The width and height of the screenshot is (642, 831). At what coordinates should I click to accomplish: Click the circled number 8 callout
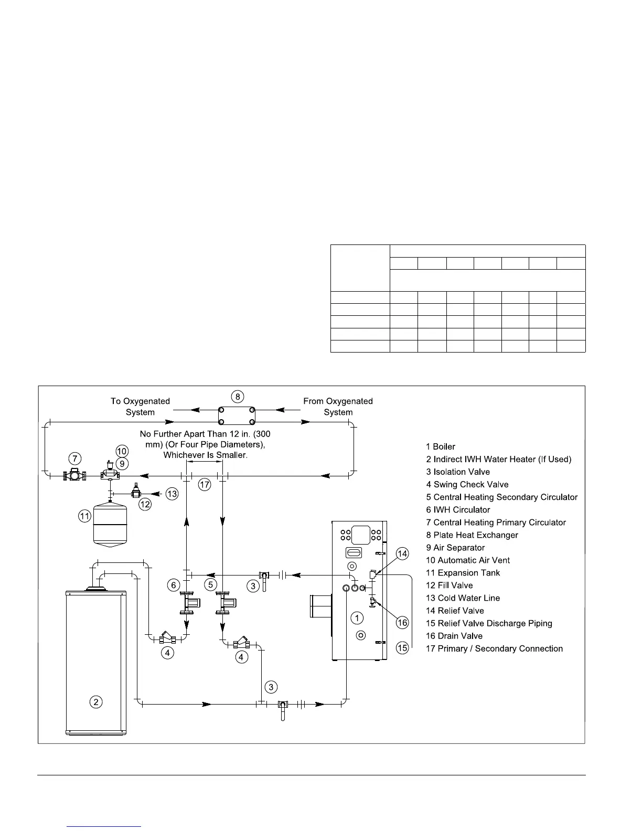238,396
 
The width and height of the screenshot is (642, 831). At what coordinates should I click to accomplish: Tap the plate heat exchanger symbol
237,415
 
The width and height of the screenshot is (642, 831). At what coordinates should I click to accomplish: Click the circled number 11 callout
85,517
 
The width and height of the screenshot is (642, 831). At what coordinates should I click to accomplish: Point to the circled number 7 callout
75,457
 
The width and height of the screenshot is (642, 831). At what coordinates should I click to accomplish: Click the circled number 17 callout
205,485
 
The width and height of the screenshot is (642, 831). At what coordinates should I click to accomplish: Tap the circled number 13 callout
172,494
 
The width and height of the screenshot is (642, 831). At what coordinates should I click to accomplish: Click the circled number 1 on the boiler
357,618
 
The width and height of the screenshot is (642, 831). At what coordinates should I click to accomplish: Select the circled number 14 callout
402,553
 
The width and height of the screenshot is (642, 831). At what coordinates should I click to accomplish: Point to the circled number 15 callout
402,648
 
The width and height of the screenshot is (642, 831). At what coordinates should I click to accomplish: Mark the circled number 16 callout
402,623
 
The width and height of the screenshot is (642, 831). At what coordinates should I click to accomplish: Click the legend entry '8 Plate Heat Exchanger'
472,535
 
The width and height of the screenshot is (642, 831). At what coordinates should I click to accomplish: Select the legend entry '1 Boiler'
441,447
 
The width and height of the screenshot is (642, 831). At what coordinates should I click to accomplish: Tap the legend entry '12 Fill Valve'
450,585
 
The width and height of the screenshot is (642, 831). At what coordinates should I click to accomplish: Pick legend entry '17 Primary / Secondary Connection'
494,649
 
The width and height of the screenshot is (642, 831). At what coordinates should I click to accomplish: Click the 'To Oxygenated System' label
140,407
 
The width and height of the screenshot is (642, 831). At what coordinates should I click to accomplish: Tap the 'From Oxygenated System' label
338,407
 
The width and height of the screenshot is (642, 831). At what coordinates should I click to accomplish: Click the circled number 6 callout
174,585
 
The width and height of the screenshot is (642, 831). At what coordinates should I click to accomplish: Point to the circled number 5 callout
210,584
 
